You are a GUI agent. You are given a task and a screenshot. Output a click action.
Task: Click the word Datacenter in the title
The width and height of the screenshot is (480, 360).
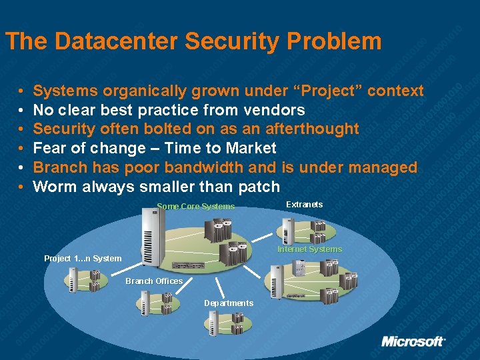coord(117,41)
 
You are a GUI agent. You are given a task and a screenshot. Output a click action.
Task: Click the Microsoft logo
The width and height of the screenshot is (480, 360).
coord(413,341)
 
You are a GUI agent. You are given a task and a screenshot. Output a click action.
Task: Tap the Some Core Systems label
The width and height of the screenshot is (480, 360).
coord(195,207)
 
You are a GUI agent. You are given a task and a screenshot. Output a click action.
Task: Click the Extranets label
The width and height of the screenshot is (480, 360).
coord(304,204)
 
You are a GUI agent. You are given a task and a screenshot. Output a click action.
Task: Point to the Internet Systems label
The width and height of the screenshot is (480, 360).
coord(309,249)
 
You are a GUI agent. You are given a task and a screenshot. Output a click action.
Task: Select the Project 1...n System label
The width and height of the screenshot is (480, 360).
coord(83,259)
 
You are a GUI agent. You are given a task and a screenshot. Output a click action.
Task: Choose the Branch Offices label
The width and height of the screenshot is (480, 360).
coord(154,281)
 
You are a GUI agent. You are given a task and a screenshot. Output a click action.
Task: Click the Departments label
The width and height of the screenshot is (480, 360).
coord(229,303)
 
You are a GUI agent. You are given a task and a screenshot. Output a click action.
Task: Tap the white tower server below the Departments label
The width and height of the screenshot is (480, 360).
coord(209,324)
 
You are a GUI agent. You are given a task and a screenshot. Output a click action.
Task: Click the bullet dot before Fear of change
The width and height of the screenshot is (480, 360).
coord(22,148)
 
